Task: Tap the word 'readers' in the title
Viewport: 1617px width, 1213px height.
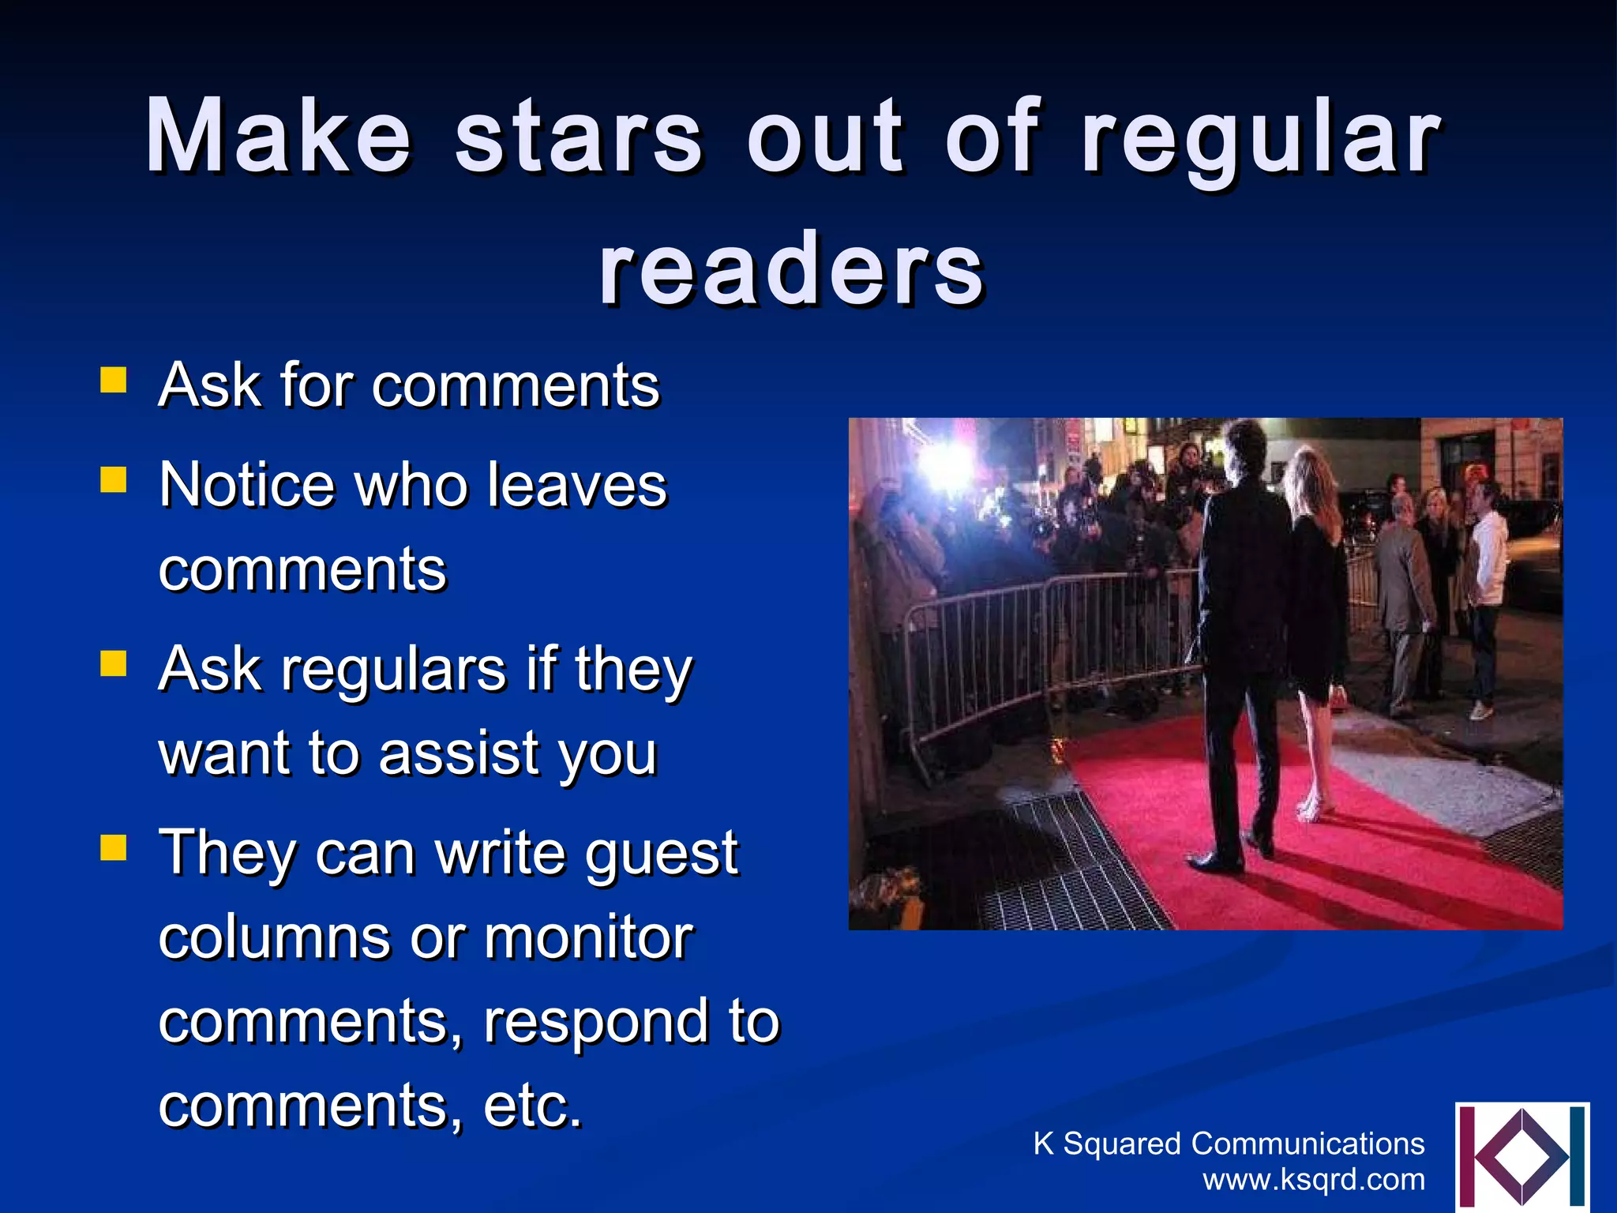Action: tap(792, 270)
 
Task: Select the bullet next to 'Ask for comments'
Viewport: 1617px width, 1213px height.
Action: tap(114, 380)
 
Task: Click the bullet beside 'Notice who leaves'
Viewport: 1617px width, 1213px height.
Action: tap(114, 479)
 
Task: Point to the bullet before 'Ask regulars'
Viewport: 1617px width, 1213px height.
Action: tap(114, 664)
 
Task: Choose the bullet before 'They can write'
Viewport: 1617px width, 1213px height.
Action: tap(114, 848)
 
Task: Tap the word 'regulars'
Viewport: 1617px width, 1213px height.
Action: tap(392, 669)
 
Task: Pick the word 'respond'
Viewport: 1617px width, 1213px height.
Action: tap(596, 1022)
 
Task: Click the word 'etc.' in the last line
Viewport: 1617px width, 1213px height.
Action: tap(533, 1106)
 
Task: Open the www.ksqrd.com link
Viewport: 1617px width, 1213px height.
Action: tap(1314, 1180)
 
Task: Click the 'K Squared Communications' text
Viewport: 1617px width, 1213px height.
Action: tap(1229, 1144)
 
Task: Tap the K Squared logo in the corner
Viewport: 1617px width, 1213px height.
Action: tap(1521, 1156)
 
